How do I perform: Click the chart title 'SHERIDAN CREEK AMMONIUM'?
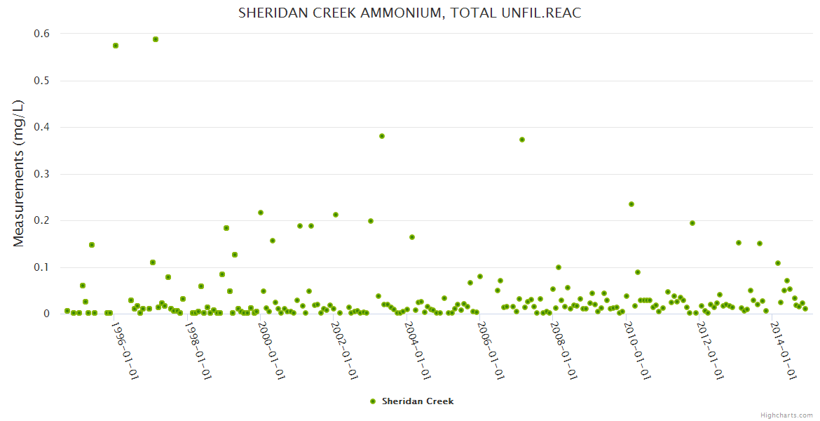(409, 13)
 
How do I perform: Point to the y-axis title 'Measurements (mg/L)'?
(19, 173)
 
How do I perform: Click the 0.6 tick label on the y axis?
(41, 34)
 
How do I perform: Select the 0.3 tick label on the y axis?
(41, 174)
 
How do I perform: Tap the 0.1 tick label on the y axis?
(41, 267)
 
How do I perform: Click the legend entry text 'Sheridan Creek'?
(418, 401)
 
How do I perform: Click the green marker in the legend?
(373, 401)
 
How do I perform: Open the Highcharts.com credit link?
(786, 415)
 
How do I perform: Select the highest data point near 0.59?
(156, 39)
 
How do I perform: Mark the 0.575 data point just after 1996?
(116, 46)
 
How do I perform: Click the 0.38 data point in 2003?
(382, 136)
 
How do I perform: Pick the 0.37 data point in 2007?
(522, 140)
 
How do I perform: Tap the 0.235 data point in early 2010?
(631, 204)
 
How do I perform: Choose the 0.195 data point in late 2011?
(692, 223)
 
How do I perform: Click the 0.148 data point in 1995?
(92, 245)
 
